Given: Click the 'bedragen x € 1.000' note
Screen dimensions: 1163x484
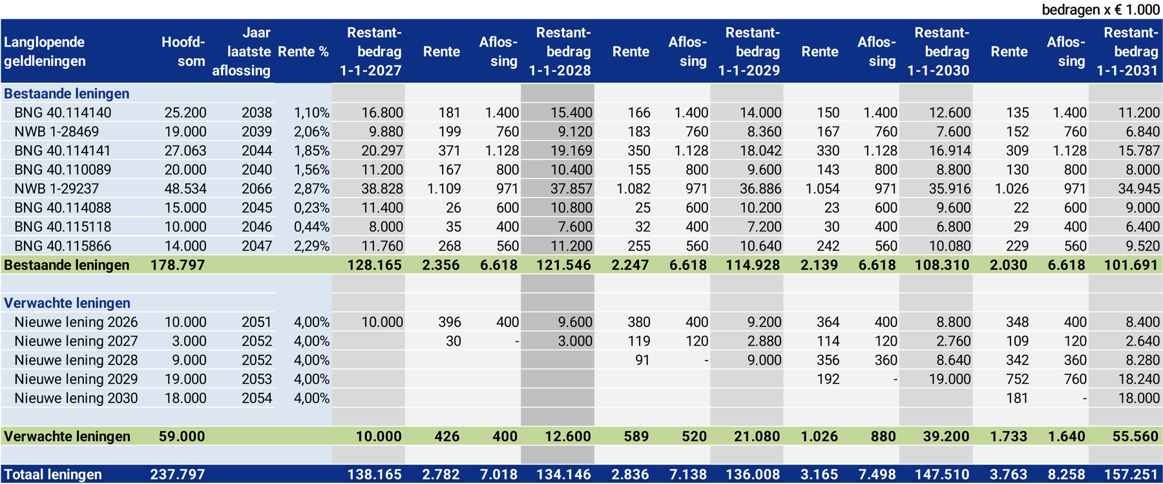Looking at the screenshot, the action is (1100, 10).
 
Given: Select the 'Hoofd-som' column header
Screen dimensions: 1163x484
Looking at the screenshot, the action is (183, 51).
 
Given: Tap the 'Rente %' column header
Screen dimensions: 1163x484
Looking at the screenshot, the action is (303, 52).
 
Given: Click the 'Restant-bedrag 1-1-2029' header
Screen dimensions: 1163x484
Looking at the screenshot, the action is (749, 51).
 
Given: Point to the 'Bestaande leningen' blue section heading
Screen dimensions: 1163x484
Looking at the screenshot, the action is (67, 94).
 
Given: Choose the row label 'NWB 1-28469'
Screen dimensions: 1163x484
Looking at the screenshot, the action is (57, 132).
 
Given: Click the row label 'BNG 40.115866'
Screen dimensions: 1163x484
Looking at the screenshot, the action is (63, 246).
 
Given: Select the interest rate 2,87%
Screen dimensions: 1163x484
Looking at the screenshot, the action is (311, 189).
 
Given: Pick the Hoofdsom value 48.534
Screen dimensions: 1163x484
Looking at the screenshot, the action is (185, 189).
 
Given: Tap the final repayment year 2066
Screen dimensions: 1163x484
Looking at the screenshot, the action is (257, 189).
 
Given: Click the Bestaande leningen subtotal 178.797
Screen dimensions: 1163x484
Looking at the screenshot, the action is (178, 265).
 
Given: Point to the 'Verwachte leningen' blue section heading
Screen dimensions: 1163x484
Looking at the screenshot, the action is (67, 303).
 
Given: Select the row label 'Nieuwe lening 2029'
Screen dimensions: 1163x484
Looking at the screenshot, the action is (76, 379).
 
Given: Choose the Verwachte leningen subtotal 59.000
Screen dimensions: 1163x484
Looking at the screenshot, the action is (182, 436).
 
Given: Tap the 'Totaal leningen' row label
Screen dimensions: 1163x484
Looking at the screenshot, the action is (53, 474).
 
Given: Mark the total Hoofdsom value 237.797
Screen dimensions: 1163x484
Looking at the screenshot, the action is (178, 474).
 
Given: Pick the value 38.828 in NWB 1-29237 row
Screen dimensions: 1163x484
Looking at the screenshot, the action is (382, 189).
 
